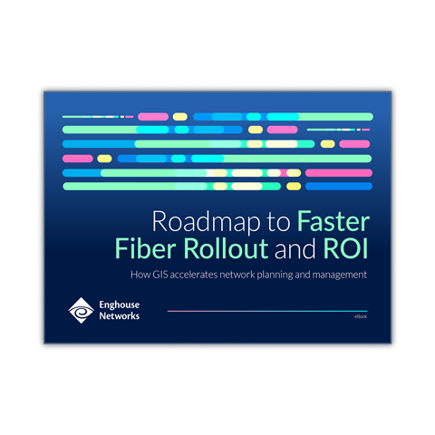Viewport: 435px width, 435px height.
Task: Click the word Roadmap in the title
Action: (206, 222)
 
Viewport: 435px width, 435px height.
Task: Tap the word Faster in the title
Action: (333, 221)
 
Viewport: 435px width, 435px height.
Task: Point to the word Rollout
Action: (226, 248)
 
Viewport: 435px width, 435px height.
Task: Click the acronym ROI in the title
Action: (345, 248)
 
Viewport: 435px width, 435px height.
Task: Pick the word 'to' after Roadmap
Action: (278, 222)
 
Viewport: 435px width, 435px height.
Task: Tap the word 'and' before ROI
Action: (295, 248)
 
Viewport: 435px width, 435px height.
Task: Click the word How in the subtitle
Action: (140, 275)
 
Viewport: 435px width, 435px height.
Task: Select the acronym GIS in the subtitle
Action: (160, 275)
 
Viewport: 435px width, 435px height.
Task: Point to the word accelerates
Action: (194, 275)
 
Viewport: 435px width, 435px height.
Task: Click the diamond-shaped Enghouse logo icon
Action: (81, 310)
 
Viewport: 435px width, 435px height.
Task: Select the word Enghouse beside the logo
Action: (120, 304)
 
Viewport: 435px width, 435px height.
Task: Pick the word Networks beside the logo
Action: (120, 316)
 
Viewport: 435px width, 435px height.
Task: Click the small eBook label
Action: (361, 316)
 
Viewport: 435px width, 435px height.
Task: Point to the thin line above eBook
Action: (267, 311)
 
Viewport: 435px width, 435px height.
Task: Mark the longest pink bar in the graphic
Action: (339, 173)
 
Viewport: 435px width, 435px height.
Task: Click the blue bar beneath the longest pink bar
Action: (339, 186)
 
